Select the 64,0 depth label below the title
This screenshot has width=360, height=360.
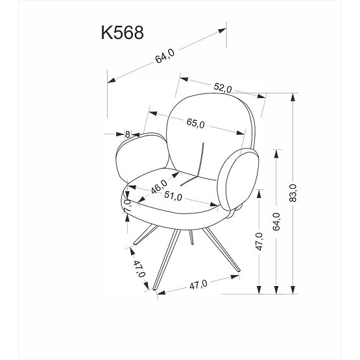(x=165, y=57)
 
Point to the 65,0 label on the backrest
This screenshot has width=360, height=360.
(x=195, y=123)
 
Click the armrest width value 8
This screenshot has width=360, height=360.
(x=127, y=134)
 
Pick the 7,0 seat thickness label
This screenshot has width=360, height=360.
(x=128, y=208)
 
